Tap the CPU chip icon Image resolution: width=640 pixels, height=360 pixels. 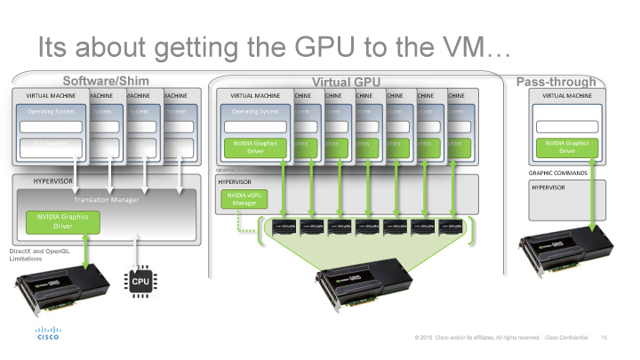pos(140,281)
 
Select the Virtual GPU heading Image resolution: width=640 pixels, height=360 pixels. pos(346,81)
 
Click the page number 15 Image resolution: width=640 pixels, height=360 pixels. pos(604,338)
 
